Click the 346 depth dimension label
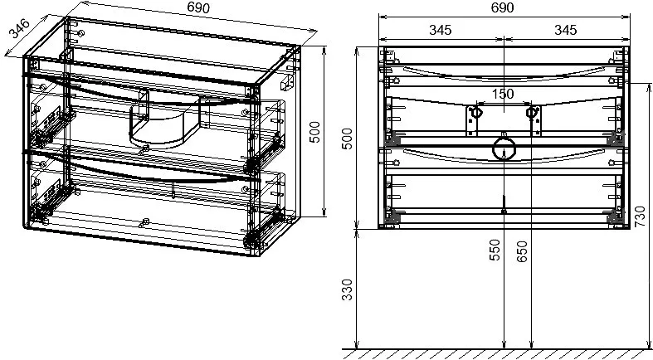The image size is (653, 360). point(20,28)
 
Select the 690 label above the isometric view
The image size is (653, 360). point(198,7)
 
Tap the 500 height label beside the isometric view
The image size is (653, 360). point(315,132)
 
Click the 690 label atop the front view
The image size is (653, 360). point(502,7)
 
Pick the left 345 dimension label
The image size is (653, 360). point(441,30)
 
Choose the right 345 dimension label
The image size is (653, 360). point(565,30)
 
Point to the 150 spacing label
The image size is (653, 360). point(503,94)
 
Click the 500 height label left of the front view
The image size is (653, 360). point(347,139)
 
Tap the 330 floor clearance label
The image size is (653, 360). point(347,289)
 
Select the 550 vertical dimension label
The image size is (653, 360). point(495,250)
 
